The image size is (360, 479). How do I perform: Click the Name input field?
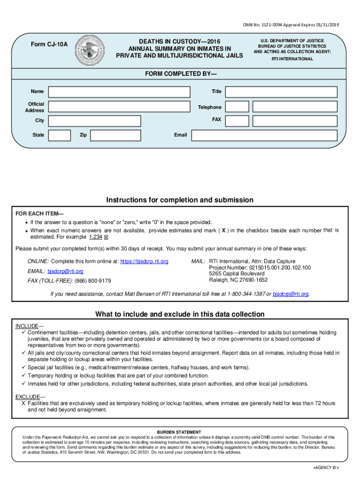119,92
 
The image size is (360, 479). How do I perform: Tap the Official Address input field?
119,107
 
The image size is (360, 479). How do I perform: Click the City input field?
94,121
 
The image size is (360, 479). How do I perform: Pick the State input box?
60,135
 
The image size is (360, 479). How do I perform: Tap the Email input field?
264,135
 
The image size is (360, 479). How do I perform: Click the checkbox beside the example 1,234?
106,238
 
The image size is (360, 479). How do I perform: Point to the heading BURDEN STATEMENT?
179,432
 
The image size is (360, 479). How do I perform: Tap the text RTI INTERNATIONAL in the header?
292,59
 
